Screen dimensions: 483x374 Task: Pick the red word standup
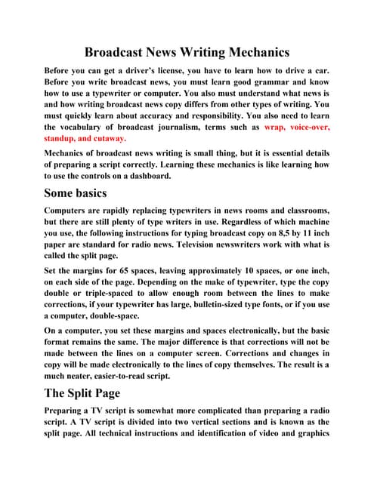click(64, 139)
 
